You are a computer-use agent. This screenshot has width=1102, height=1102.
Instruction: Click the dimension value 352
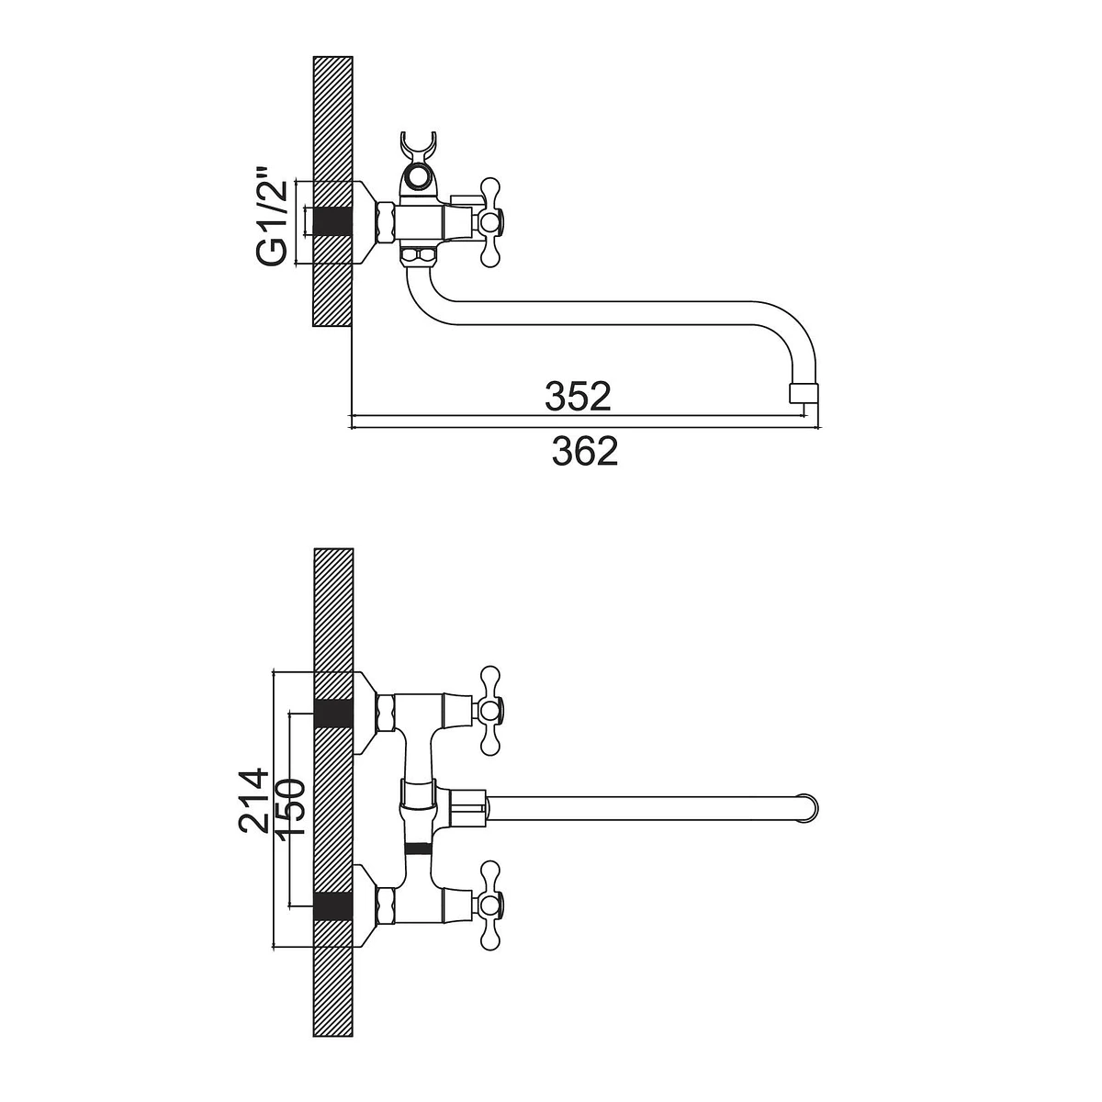(x=578, y=397)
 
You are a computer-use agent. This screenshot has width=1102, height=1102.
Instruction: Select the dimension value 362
(x=585, y=451)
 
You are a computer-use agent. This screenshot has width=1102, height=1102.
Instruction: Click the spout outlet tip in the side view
(x=803, y=393)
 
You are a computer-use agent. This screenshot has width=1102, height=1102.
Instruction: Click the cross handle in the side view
(x=490, y=222)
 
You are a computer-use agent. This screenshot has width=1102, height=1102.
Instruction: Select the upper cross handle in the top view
(x=490, y=711)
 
